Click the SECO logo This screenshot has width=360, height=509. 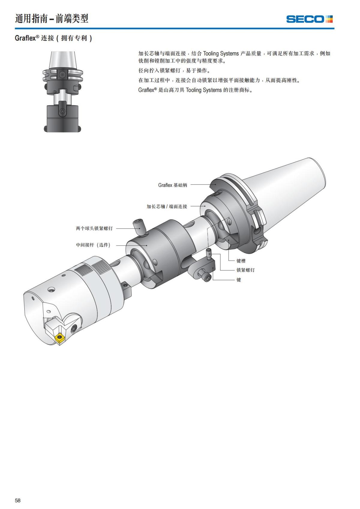[x=309, y=19]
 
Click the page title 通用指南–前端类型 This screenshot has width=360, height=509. [x=52, y=19]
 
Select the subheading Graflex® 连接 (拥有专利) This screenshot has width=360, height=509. [x=53, y=38]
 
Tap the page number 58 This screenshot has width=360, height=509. [x=18, y=500]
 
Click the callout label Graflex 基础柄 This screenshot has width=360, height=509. [x=172, y=185]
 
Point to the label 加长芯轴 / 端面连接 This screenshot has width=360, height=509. [x=167, y=206]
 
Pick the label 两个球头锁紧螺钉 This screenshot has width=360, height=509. [x=94, y=228]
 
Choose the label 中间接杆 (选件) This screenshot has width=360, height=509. [x=93, y=245]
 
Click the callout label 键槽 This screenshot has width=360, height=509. [x=241, y=261]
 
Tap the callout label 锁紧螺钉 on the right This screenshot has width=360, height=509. [x=245, y=270]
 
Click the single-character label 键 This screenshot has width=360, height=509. [x=239, y=280]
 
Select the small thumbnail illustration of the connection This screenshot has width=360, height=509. [x=62, y=92]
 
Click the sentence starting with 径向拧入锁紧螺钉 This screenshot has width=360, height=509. [x=174, y=71]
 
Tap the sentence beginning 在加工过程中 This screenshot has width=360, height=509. [x=219, y=80]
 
